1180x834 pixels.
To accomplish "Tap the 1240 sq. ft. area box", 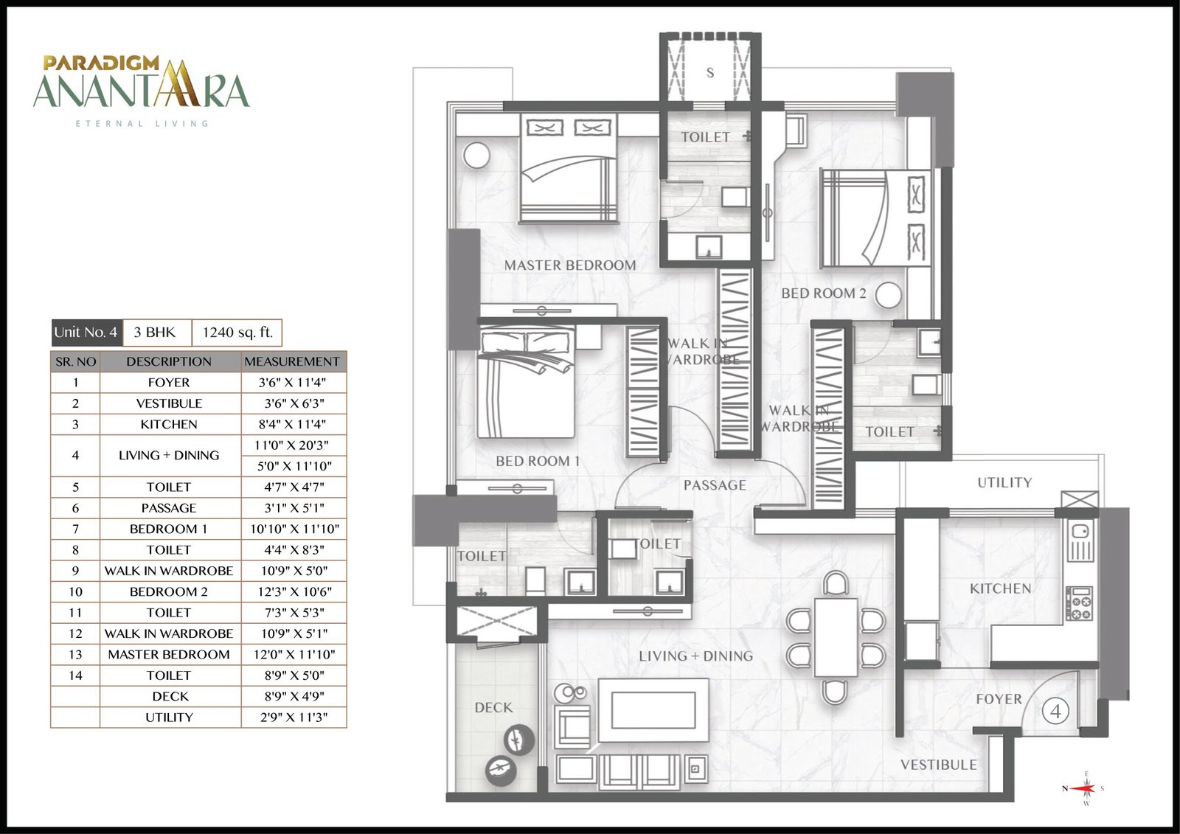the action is click(237, 333).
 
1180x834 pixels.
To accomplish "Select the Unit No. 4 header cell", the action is click(86, 333).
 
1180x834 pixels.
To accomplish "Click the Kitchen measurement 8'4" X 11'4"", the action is click(292, 424).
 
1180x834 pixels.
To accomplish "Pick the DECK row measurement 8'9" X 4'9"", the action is click(294, 696).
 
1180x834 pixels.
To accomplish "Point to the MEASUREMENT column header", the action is click(292, 361).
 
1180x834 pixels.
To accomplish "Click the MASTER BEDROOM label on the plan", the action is click(570, 265).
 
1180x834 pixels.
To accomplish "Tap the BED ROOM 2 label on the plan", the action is click(823, 293).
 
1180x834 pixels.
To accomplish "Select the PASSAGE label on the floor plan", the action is click(715, 485).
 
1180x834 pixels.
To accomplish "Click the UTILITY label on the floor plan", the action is click(1004, 482).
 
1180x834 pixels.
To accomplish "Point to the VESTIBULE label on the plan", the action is click(939, 765).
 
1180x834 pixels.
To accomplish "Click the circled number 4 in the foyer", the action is click(1055, 712).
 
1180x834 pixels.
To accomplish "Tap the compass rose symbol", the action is click(1083, 789).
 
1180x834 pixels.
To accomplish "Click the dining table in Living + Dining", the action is click(836, 637).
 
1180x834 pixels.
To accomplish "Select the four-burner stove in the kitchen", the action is click(1080, 603).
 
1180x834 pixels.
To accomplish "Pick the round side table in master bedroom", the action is click(476, 156).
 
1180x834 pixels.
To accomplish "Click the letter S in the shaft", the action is click(710, 73).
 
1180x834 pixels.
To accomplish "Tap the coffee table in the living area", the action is click(653, 710).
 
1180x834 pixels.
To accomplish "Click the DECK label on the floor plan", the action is click(493, 708).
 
